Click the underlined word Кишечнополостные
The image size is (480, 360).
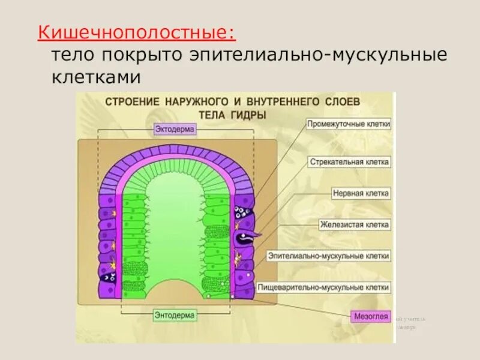pos(137,31)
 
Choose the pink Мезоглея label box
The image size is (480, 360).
pos(371,317)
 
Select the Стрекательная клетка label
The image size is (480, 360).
pos(350,162)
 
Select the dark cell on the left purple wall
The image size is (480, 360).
pos(108,278)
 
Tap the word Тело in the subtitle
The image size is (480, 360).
pos(71,55)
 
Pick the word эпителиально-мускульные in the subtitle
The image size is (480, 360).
pos(319,55)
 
